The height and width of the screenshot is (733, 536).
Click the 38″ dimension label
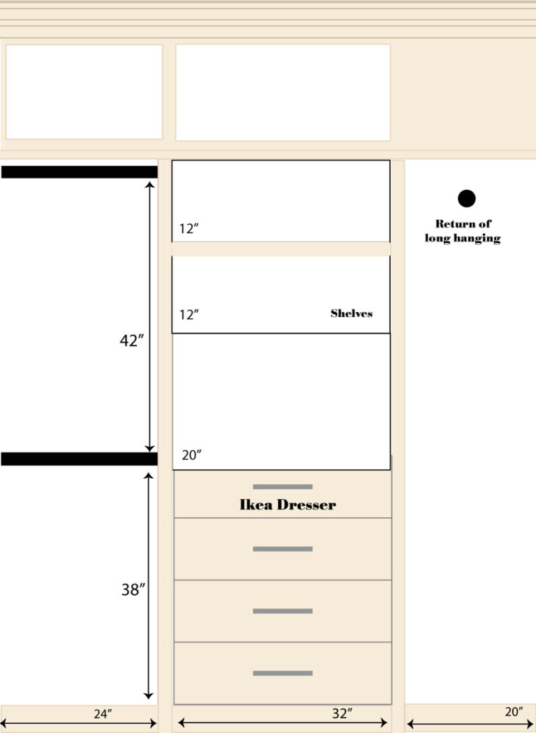(x=133, y=590)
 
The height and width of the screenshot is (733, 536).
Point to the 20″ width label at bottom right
(x=513, y=711)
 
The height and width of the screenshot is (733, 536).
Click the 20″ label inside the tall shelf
(x=191, y=455)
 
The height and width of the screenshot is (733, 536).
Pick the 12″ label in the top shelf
(x=188, y=229)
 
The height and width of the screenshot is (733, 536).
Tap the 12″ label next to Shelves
(x=188, y=315)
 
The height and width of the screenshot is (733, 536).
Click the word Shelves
(x=351, y=313)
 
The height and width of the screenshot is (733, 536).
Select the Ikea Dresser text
(x=288, y=505)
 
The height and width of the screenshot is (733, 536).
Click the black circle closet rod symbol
(x=466, y=199)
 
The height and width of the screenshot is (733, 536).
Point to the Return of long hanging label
(x=463, y=231)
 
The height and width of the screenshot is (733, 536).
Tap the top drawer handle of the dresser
(x=283, y=487)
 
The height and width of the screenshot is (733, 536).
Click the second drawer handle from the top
(x=283, y=549)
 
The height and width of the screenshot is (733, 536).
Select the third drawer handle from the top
(x=283, y=611)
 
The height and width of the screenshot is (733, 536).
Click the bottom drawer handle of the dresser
(x=283, y=673)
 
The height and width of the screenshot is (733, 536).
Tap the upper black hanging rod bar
(x=79, y=172)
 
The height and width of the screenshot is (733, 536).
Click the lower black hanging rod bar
(x=79, y=459)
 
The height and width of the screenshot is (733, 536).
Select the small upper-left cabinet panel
(x=84, y=91)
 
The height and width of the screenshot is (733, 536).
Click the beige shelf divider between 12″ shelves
(x=281, y=249)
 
